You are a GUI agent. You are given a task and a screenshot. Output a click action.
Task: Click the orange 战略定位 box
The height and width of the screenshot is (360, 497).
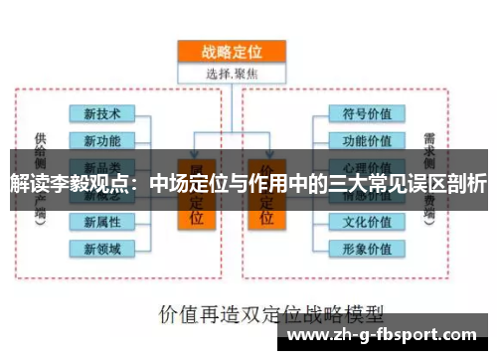231,52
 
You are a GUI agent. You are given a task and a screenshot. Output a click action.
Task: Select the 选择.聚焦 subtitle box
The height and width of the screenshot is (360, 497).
231,72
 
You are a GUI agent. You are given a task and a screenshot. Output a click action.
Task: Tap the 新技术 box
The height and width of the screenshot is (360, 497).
102,112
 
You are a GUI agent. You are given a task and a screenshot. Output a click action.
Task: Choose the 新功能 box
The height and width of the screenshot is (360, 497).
102,139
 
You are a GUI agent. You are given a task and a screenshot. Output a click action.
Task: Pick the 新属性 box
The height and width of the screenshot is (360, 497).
102,221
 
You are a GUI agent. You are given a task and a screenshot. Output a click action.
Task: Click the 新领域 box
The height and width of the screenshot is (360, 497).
102,248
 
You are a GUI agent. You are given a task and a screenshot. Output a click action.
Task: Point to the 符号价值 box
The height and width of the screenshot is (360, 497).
367,112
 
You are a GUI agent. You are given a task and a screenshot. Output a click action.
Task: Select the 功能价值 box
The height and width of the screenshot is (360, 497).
367,139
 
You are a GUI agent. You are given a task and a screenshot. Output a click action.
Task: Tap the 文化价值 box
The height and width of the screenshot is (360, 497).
367,221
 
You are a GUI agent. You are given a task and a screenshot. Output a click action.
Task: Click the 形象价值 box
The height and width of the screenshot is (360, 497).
367,248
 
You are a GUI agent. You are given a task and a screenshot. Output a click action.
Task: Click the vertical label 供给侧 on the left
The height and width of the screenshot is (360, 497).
40,149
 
